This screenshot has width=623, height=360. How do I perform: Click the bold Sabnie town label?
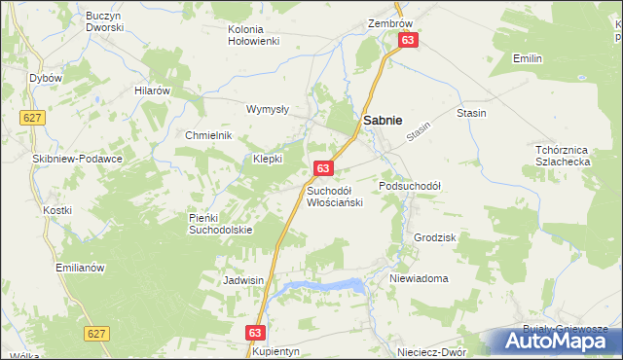(384, 119)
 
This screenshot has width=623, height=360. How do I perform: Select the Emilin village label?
(528, 58)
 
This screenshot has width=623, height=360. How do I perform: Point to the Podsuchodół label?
(410, 185)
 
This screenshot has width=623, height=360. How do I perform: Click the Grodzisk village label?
(434, 236)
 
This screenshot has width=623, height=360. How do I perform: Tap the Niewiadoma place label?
(419, 278)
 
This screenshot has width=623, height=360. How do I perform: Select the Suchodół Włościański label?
(335, 196)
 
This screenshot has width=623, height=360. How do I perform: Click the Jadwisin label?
(243, 279)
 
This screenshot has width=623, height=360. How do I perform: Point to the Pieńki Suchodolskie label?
(220, 224)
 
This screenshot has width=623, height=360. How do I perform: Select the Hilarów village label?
(153, 90)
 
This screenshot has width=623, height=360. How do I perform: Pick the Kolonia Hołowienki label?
(254, 35)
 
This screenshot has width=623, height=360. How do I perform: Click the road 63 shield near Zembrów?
(408, 40)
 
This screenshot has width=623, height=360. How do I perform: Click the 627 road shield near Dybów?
(30, 117)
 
